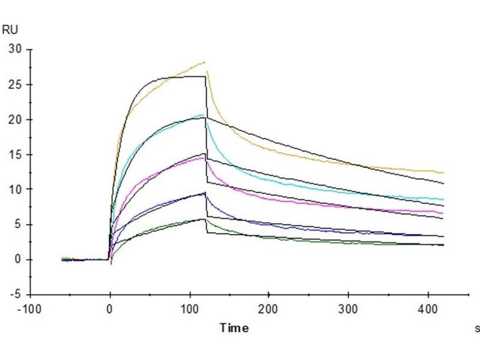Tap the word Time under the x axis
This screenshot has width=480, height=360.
coord(234,328)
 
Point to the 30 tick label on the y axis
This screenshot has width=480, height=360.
coord(14,49)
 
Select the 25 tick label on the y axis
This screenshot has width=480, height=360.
coord(14,85)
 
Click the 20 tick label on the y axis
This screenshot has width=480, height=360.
coord(14,119)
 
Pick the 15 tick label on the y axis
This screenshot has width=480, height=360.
coord(14,154)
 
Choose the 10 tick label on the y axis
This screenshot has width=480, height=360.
coord(14,190)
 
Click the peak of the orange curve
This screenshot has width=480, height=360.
coord(205,62)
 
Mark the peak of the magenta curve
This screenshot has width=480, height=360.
coord(205,157)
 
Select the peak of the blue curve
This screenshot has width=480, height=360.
coord(205,193)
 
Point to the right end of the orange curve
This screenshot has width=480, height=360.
coord(444,173)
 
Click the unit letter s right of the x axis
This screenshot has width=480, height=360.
coord(477,328)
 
